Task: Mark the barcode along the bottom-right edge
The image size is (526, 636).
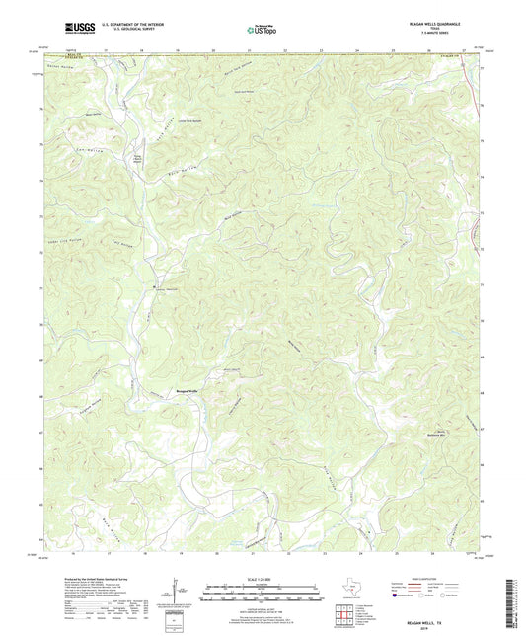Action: (x=513, y=600)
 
